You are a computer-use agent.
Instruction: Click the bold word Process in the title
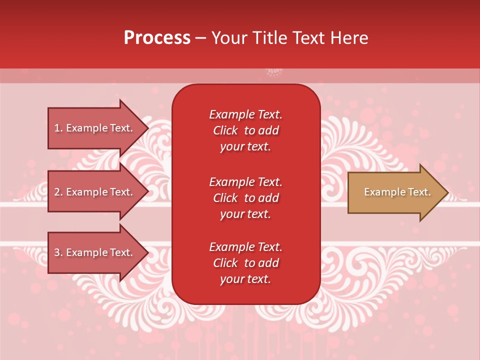coord(157,38)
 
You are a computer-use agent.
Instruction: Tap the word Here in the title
coord(349,38)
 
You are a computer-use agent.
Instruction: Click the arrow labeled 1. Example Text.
coord(95,128)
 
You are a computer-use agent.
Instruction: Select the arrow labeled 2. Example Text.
coord(95,192)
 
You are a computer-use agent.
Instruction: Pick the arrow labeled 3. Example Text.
coord(95,252)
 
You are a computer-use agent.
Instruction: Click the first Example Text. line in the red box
coord(245,114)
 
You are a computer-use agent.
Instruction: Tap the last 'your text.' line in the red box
coord(245,279)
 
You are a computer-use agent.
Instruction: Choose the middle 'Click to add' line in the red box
coord(245,198)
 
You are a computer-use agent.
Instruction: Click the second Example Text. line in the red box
coord(245,181)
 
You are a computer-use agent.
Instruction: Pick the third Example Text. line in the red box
coord(245,247)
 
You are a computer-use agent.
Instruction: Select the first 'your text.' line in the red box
coord(245,146)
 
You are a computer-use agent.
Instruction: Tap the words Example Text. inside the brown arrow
coord(397,192)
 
